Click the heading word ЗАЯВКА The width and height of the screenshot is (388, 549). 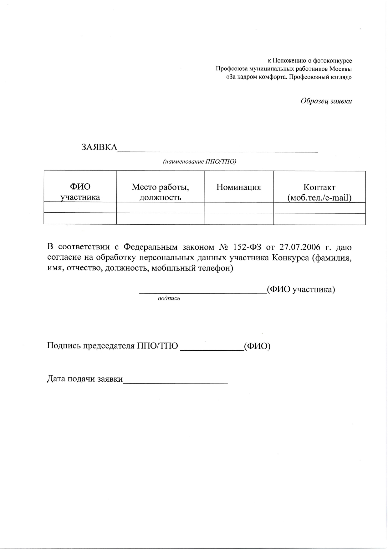coord(99,147)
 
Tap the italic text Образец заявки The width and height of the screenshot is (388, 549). coord(326,101)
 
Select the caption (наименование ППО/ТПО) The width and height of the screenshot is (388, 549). coord(199,161)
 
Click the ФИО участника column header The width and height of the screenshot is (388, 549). coord(80,192)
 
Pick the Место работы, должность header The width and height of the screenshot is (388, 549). coord(160,192)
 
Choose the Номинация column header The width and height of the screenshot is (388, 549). coord(238,187)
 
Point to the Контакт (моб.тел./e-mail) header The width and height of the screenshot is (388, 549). coord(319,192)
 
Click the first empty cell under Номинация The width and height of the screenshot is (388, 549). coord(238,208)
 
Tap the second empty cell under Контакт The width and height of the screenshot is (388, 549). coord(319,219)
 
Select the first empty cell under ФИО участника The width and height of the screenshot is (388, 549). coord(80,208)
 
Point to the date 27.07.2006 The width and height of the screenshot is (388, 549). coord(300,247)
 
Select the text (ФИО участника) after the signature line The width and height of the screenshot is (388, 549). coord(301,290)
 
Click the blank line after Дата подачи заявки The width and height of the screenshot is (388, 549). coord(175,382)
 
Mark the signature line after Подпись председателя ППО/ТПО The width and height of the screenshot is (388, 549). coord(212,350)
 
